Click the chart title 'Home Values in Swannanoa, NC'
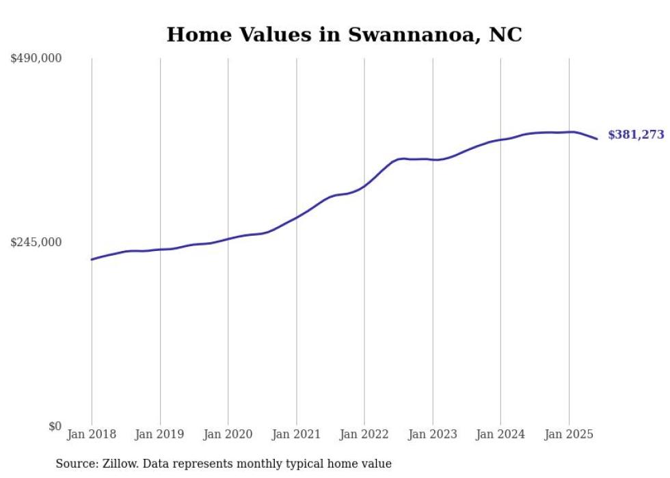click(344, 34)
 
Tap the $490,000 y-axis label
click(36, 59)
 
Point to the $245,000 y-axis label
click(36, 242)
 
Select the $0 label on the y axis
click(55, 426)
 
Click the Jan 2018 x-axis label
click(92, 434)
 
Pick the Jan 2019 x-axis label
click(160, 434)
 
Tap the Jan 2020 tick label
click(228, 434)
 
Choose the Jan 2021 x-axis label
click(296, 434)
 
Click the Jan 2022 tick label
click(364, 434)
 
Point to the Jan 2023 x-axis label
click(432, 434)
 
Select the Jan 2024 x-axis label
click(500, 434)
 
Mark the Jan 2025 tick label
click(569, 434)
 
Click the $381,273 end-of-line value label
click(636, 135)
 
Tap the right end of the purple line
click(597, 139)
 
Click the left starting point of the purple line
click(92, 259)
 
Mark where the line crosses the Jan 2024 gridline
click(500, 140)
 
